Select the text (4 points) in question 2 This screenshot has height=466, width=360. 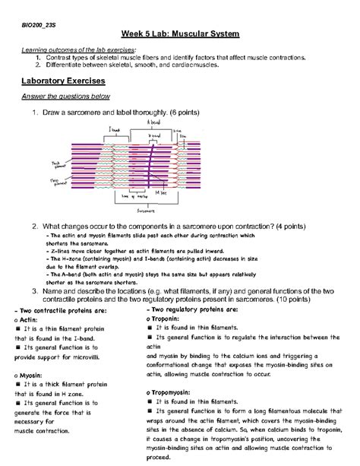[x=281, y=227]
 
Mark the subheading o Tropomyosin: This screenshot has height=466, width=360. [x=175, y=392]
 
